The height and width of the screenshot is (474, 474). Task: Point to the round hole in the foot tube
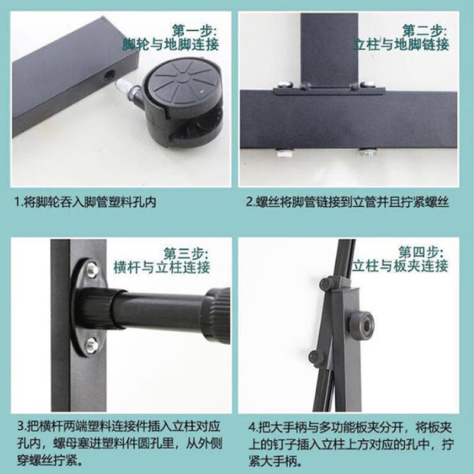pyautogui.click(x=108, y=74)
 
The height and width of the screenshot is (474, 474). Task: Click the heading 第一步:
pyautogui.click(x=195, y=30)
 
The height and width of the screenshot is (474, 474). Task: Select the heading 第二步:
pyautogui.click(x=424, y=30)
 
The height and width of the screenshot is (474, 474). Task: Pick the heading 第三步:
pyautogui.click(x=186, y=254)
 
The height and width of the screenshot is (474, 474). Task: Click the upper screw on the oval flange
pyautogui.click(x=91, y=269)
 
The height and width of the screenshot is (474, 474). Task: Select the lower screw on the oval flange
pyautogui.click(x=91, y=344)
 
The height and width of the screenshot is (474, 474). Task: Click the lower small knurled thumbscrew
pyautogui.click(x=316, y=358)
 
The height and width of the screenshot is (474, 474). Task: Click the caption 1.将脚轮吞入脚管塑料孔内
pyautogui.click(x=85, y=202)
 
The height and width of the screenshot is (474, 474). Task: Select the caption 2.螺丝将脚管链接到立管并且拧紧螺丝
pyautogui.click(x=348, y=202)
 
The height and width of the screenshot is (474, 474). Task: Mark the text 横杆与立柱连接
pyautogui.click(x=162, y=268)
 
